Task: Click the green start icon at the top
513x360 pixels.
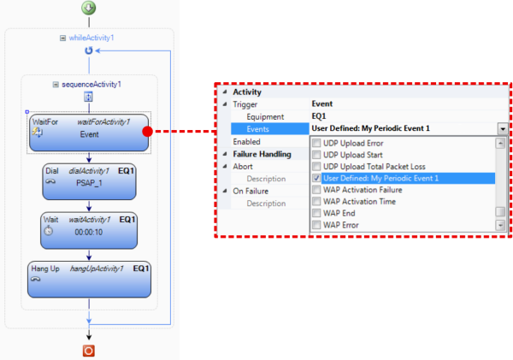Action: point(89,8)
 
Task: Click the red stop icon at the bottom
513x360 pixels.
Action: point(89,351)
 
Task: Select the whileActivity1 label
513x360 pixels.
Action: point(91,38)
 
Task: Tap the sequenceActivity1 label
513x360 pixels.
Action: point(91,85)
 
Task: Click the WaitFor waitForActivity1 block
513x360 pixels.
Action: point(89,133)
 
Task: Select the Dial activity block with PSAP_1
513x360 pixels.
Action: point(89,181)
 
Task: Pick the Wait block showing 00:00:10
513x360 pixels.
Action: point(89,230)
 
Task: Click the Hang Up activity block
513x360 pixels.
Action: point(89,279)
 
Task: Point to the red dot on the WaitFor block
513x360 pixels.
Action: point(148,132)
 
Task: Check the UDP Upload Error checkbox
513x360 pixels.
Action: point(316,143)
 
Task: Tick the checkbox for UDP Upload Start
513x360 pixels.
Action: point(316,155)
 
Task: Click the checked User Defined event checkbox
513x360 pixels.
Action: point(316,178)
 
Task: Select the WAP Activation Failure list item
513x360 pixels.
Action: point(363,190)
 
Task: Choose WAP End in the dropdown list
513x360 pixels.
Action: point(339,214)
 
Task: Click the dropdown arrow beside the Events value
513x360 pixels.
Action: point(503,128)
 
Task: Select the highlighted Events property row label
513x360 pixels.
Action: point(258,129)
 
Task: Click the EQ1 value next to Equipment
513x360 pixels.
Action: point(319,116)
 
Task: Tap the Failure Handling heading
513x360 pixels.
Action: point(262,154)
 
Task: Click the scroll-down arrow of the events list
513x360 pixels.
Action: point(500,225)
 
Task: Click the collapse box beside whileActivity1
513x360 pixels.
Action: point(62,38)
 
